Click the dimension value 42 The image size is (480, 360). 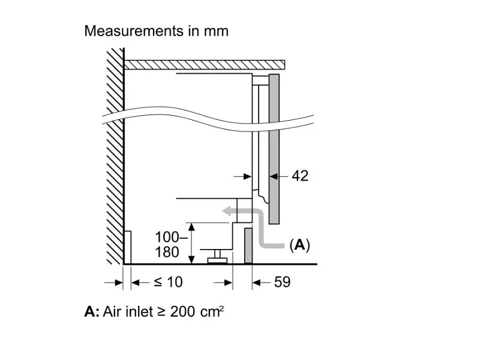[300, 176]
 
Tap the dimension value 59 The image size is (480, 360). [282, 282]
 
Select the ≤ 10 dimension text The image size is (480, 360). [168, 282]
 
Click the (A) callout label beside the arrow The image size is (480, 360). [299, 245]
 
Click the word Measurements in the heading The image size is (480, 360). [134, 31]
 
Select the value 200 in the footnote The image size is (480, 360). [182, 312]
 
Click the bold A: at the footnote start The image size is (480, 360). [92, 312]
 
